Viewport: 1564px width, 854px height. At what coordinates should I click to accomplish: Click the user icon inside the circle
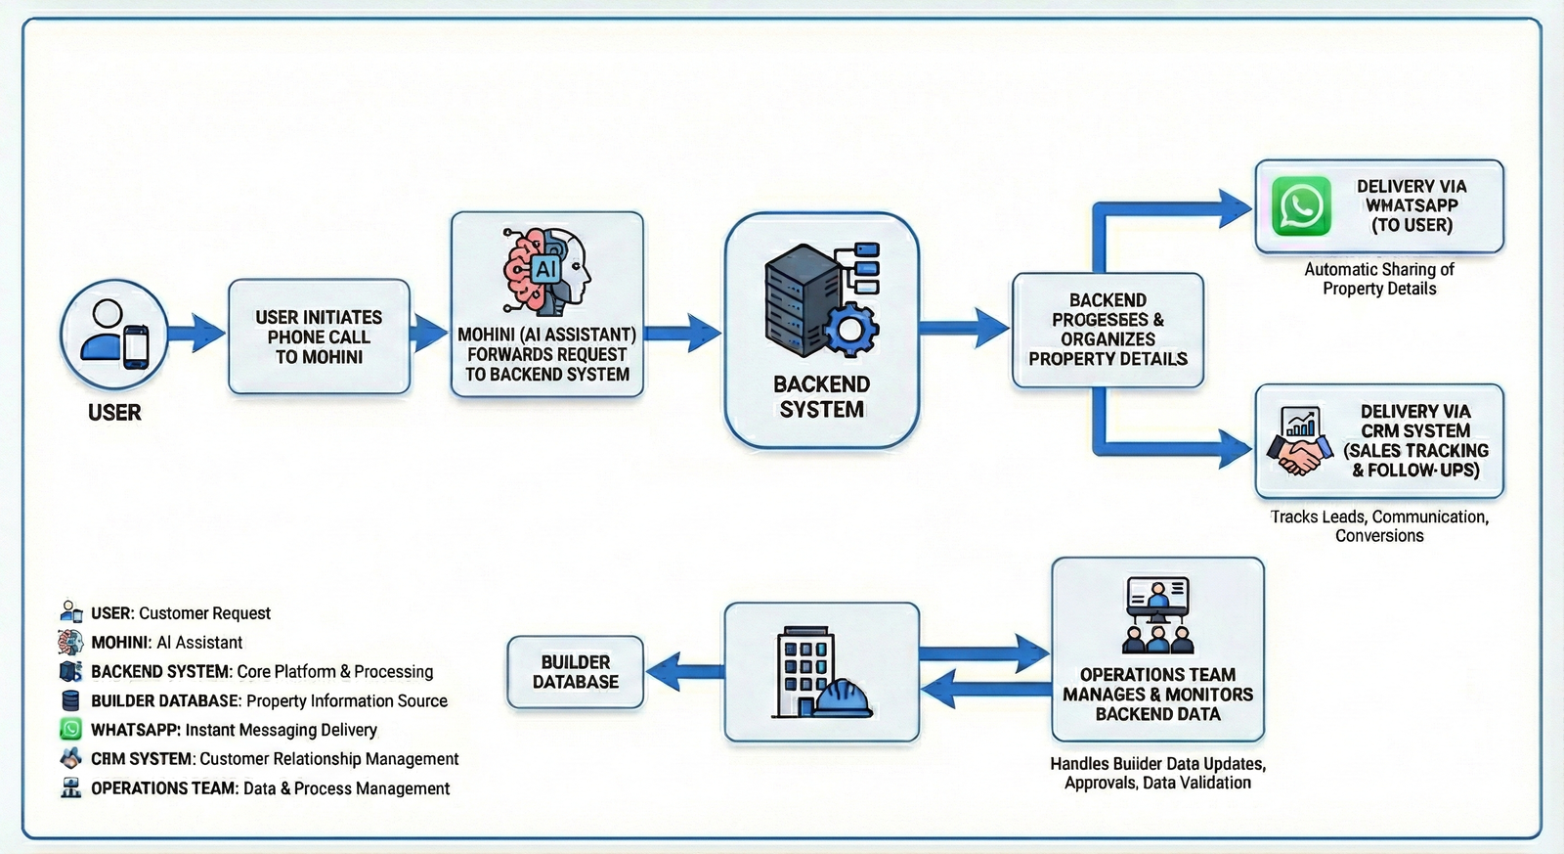point(113,335)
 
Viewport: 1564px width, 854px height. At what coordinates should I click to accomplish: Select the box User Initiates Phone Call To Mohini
point(319,337)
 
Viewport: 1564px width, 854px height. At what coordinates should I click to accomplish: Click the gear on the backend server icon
point(850,329)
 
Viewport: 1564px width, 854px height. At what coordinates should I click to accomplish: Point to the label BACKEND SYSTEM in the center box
point(821,397)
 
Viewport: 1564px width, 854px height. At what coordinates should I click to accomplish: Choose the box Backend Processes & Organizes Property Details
point(1108,330)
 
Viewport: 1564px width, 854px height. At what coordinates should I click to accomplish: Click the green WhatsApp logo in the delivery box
point(1301,206)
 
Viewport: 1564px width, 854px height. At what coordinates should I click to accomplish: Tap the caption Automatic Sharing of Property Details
point(1379,279)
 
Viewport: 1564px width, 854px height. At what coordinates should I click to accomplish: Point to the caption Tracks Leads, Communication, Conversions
point(1379,526)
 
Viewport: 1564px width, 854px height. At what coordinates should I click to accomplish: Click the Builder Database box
point(576,672)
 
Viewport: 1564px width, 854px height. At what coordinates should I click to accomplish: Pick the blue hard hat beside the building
point(842,697)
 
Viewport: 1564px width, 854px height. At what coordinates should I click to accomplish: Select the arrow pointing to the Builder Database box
point(684,672)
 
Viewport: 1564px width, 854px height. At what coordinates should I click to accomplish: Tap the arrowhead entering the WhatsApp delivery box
point(1234,208)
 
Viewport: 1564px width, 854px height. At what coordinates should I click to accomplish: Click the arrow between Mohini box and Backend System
point(683,334)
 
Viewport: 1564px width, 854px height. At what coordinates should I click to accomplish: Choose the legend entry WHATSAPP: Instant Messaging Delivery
point(233,730)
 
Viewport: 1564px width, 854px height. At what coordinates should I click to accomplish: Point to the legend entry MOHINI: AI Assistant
point(166,643)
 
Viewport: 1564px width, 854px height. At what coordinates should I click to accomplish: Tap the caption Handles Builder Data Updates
point(1157,764)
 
